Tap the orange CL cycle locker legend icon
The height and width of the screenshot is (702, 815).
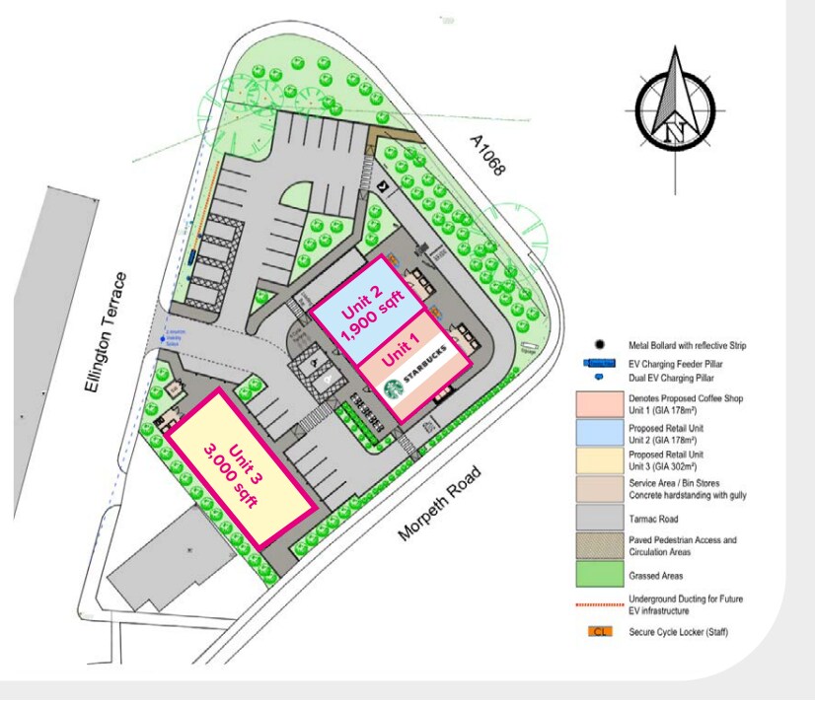point(599,630)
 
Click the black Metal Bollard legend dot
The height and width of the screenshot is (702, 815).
point(599,346)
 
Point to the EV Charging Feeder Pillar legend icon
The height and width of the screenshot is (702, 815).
point(599,363)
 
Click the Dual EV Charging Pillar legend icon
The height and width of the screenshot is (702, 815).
point(599,377)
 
